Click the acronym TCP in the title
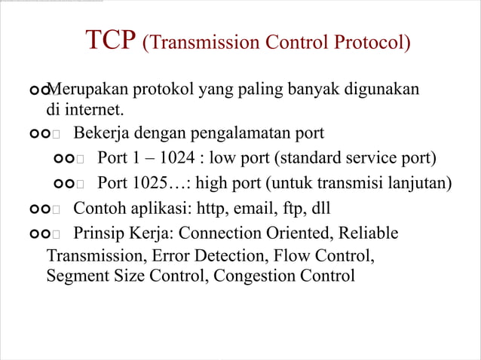pyautogui.click(x=111, y=41)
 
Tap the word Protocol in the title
pyautogui.click(x=368, y=43)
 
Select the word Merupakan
pyautogui.click(x=84, y=91)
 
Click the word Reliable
pyautogui.click(x=369, y=233)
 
